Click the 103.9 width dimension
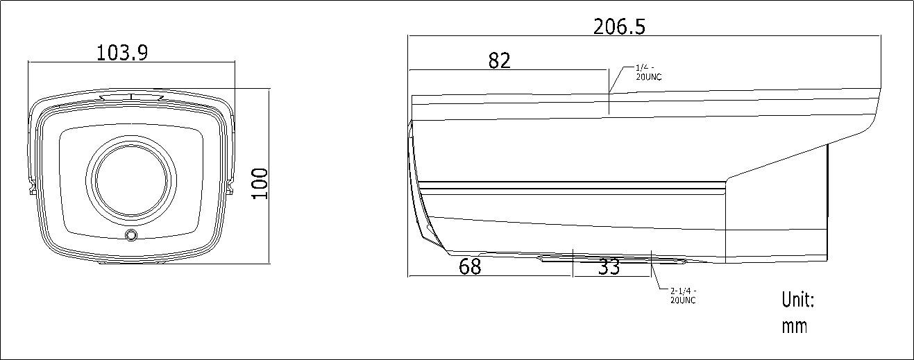(x=122, y=53)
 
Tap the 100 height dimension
(x=260, y=183)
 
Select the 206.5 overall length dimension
(x=619, y=27)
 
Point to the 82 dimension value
(x=500, y=60)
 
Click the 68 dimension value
(x=470, y=266)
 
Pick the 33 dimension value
(x=609, y=267)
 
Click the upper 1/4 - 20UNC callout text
(x=648, y=72)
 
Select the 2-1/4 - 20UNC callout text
(x=683, y=295)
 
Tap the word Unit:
(x=798, y=300)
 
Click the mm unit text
(x=795, y=327)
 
